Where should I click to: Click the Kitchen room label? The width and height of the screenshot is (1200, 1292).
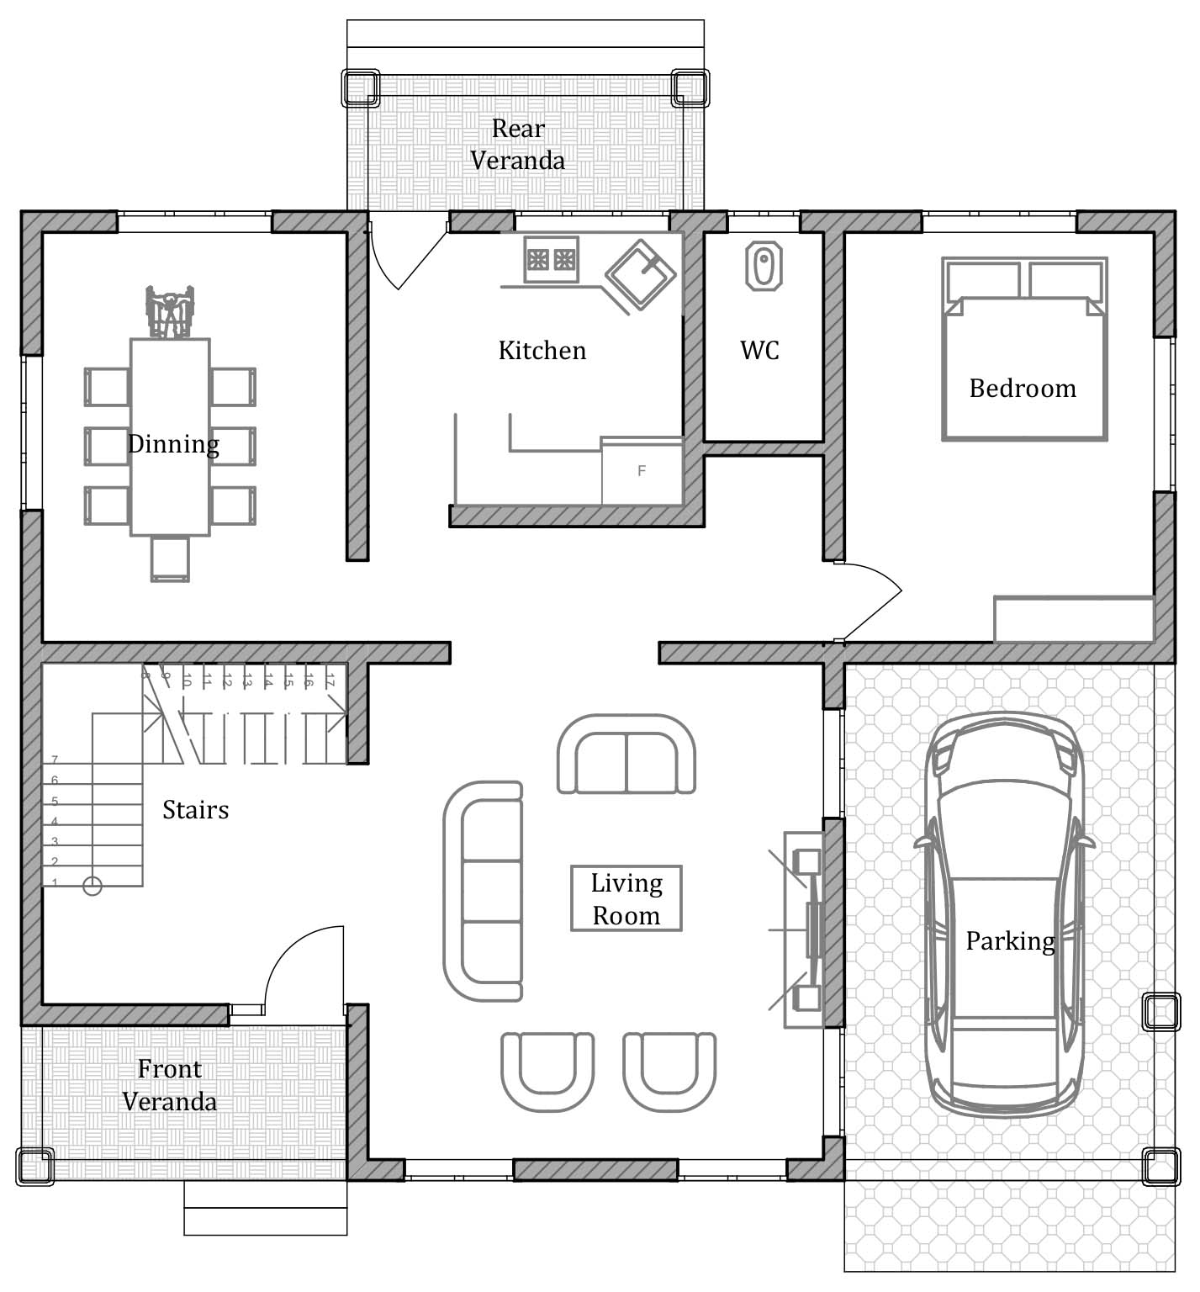tap(542, 350)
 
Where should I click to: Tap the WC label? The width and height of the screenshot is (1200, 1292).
tap(760, 350)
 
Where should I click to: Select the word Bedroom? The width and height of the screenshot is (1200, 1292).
tap(1023, 388)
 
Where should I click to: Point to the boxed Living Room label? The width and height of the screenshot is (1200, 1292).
tap(626, 898)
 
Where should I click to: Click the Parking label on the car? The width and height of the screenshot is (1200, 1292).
tap(1010, 940)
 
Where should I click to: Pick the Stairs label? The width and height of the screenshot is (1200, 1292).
tap(195, 809)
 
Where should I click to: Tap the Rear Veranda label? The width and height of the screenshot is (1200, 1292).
tap(518, 144)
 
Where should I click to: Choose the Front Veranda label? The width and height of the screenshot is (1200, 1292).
tap(170, 1084)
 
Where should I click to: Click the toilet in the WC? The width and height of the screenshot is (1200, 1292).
tap(764, 267)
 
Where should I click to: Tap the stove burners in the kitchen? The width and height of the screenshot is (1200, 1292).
tap(552, 260)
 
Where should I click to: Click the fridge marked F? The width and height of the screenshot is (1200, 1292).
tap(642, 471)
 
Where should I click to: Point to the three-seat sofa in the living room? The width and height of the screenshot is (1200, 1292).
tap(483, 891)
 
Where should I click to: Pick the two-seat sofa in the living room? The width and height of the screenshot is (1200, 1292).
tap(626, 754)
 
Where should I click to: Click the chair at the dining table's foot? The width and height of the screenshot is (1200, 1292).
tap(170, 559)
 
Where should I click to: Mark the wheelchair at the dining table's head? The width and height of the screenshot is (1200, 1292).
tap(170, 312)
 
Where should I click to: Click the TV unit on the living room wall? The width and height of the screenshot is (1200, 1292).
tap(803, 929)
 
